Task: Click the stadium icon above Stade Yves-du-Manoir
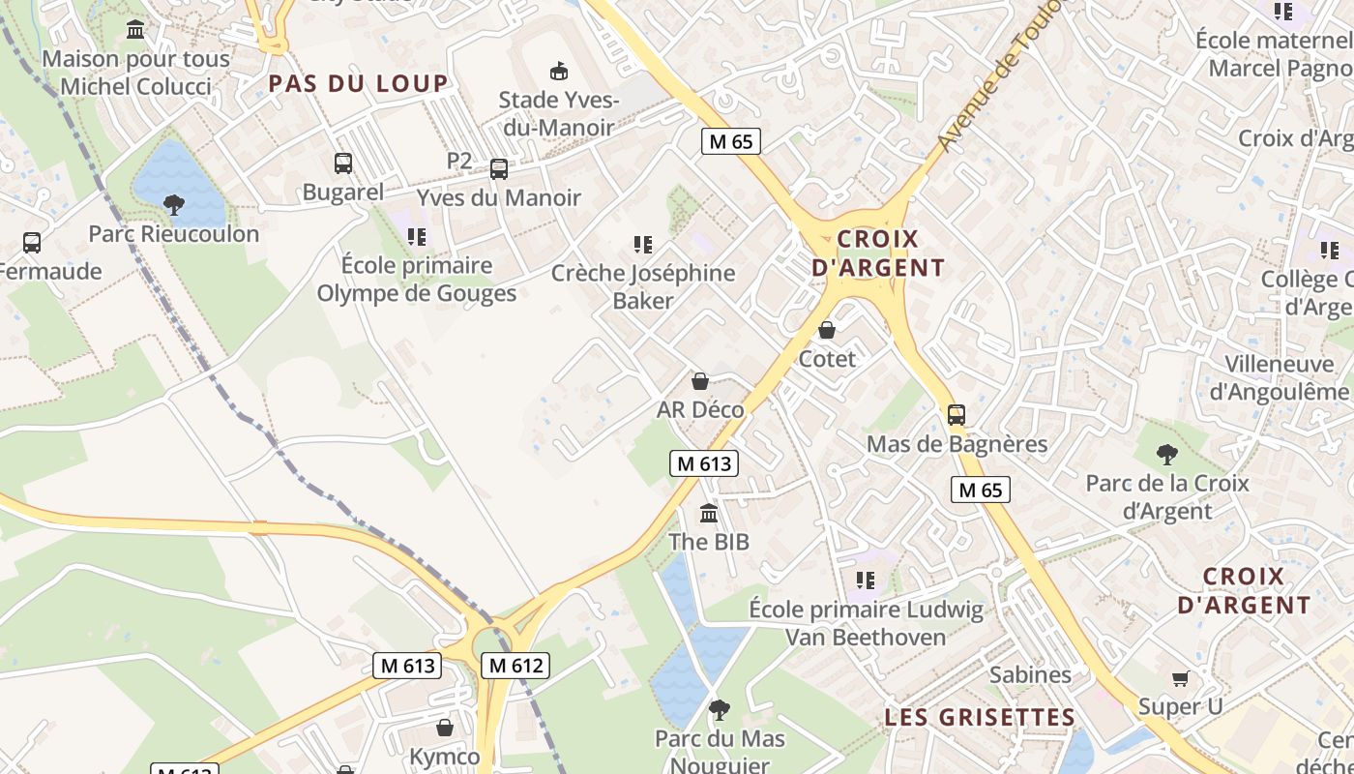[558, 71]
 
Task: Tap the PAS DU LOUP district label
[358, 83]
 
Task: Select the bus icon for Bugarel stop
[343, 164]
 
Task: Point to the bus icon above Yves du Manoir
[499, 169]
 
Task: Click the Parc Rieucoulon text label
[174, 234]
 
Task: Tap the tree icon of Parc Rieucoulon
[174, 204]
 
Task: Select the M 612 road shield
[515, 666]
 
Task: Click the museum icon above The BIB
[709, 513]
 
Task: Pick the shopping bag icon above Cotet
[827, 330]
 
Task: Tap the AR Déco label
[700, 409]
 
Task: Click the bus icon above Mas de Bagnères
[957, 415]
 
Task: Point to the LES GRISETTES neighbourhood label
[980, 717]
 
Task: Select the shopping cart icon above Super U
[1180, 678]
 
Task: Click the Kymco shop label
[445, 757]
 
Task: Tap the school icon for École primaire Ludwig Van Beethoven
[866, 580]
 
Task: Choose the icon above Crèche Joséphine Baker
[643, 245]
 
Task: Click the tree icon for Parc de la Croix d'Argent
[1167, 454]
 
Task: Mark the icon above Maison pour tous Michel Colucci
[135, 30]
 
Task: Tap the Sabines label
[1030, 674]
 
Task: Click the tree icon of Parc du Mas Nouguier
[719, 710]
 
